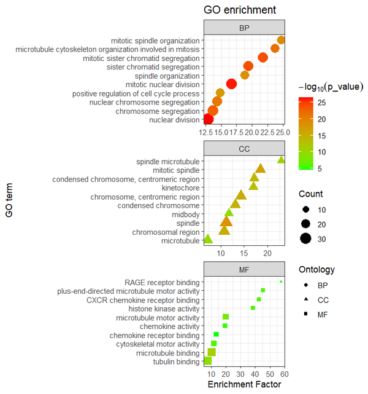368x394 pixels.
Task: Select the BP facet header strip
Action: [244, 28]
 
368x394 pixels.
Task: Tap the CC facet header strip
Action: [244, 149]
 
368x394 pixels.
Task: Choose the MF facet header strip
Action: [244, 270]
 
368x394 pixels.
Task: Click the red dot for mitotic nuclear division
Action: [231, 84]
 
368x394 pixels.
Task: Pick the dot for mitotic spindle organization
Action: [281, 41]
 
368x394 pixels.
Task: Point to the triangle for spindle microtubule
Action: [281, 160]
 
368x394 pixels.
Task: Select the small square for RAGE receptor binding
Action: [281, 282]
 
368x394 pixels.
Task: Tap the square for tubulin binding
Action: [208, 361]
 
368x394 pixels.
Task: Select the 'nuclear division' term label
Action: [175, 120]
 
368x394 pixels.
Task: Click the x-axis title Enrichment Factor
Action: [244, 385]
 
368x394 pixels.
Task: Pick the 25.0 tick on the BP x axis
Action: [279, 132]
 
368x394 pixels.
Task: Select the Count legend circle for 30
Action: [305, 239]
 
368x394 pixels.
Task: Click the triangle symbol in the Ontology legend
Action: [305, 300]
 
